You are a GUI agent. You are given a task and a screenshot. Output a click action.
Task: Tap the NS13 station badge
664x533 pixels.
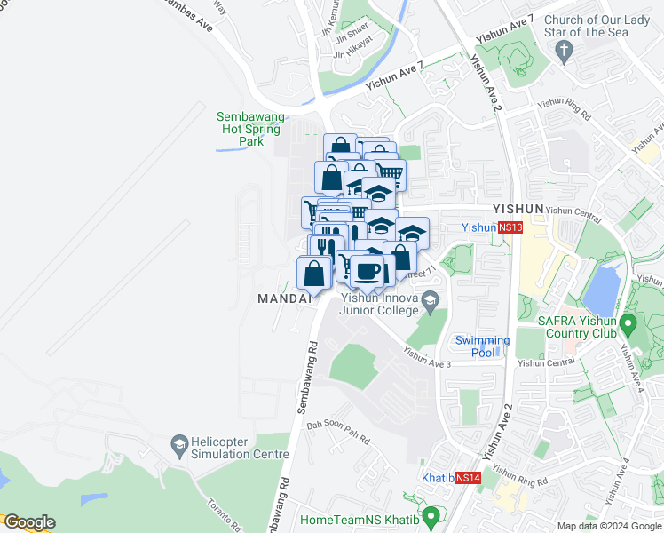[510, 227]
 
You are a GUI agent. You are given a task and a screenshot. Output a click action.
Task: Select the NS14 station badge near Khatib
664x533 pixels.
[469, 477]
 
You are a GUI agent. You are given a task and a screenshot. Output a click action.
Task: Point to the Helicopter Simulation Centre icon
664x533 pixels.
[179, 442]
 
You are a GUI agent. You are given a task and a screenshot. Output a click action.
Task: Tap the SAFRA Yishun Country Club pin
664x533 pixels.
[628, 322]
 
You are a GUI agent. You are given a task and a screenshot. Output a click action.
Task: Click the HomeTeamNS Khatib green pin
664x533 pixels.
[431, 516]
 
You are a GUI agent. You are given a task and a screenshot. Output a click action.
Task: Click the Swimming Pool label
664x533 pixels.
[482, 346]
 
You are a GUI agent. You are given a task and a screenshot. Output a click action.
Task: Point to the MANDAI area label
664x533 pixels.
[285, 298]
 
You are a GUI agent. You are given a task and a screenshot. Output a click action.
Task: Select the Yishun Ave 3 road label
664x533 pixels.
[428, 357]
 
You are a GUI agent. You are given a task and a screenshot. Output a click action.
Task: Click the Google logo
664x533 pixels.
[29, 522]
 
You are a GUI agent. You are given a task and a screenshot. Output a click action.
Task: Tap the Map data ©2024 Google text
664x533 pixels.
[609, 526]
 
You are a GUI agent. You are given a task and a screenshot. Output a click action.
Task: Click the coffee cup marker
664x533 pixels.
[367, 270]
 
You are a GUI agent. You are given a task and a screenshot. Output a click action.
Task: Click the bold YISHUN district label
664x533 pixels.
[516, 209]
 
